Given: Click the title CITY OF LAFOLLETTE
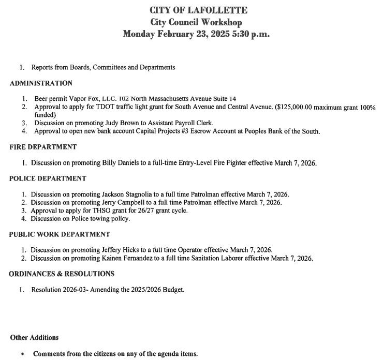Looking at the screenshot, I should click(x=191, y=10).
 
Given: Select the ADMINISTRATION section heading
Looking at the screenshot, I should click(x=41, y=83).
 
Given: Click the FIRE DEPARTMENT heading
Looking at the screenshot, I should click(x=43, y=147).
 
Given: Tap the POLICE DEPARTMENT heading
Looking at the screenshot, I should click(x=48, y=178).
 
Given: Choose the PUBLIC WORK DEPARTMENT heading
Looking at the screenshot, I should click(x=60, y=234).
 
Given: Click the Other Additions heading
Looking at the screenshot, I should click(x=34, y=338).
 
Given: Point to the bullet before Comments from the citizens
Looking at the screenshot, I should click(x=23, y=354).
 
